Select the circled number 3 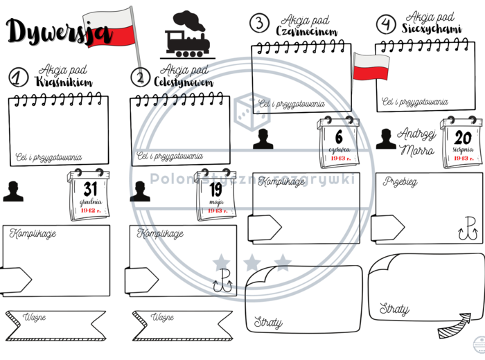point(259,23)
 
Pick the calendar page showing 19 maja point(215,196)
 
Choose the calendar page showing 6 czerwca point(338,141)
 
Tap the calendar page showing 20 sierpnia point(462,142)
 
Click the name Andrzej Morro point(418,141)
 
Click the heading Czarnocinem point(306,31)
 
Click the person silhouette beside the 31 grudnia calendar point(12,191)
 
